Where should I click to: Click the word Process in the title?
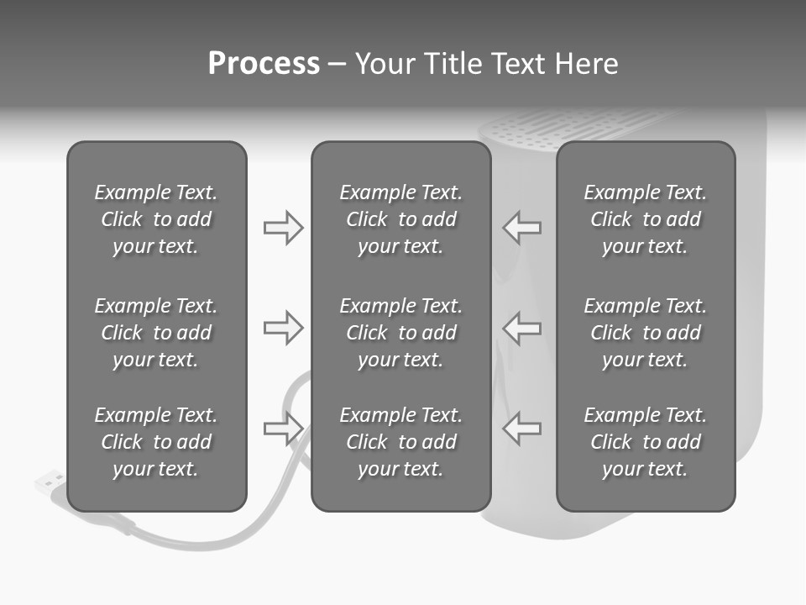point(264,64)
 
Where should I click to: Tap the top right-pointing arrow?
point(283,228)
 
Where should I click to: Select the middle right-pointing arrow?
point(283,328)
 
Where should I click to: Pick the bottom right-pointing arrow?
point(283,429)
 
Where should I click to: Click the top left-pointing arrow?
point(522,228)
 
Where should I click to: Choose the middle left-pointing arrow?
point(522,328)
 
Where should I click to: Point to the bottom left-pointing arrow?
point(522,429)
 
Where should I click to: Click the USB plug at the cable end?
point(50,483)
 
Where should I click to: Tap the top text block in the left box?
point(156,219)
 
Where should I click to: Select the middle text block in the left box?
point(156,333)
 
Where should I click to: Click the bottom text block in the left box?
point(156,442)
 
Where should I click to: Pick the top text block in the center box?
point(401,219)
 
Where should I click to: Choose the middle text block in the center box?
point(401,333)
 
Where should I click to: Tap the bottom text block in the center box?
point(401,442)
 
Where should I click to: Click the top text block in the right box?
point(646,219)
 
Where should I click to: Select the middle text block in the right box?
point(646,333)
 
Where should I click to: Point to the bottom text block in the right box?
point(646,442)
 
